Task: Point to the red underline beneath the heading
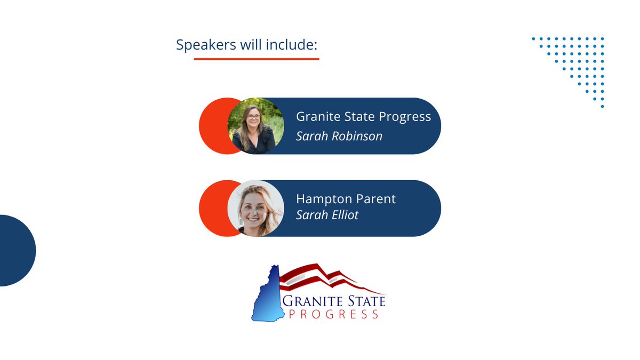pos(256,58)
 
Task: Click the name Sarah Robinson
pos(339,136)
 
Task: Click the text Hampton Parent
pos(346,199)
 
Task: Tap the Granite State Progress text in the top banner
pos(363,117)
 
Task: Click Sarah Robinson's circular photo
pos(255,126)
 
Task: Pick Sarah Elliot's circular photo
pos(255,208)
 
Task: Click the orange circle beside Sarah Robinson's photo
pos(213,126)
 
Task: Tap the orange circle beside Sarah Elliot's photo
pos(213,208)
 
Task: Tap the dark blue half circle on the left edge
pos(16,251)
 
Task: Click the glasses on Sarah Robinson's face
pos(252,117)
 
